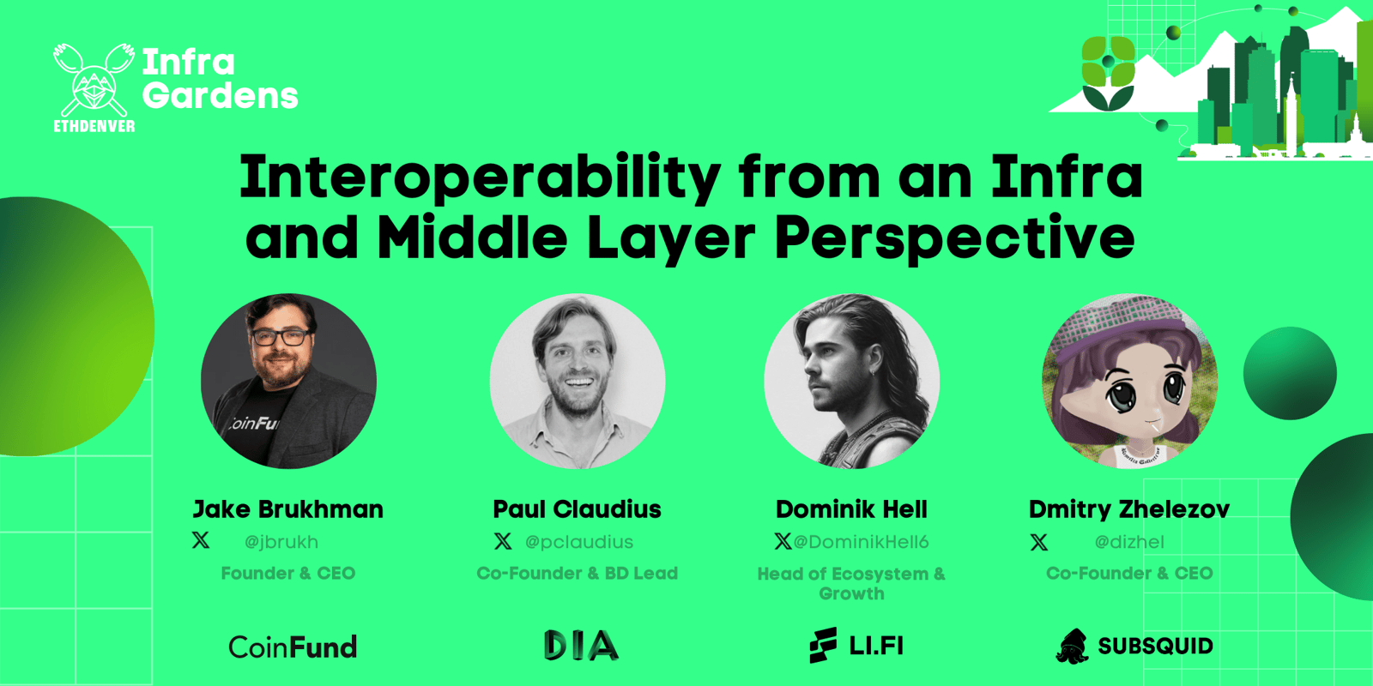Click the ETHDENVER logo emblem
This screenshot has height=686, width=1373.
click(94, 87)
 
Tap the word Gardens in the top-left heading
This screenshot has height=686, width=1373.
click(220, 96)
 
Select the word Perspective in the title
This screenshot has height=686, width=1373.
click(954, 239)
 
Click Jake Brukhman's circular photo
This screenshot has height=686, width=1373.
click(288, 381)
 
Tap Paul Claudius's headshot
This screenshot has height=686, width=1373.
click(578, 381)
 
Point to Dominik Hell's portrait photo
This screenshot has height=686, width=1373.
click(852, 381)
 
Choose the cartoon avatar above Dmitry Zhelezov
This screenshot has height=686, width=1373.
click(1129, 381)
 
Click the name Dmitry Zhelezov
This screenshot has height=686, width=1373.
click(1129, 509)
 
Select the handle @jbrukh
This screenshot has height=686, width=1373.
click(281, 542)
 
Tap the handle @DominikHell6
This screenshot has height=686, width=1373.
click(862, 542)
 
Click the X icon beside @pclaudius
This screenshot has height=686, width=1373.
click(503, 541)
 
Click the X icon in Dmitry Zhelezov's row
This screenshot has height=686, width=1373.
click(1039, 542)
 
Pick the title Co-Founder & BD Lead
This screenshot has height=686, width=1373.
click(578, 574)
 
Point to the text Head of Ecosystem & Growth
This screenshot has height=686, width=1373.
click(852, 584)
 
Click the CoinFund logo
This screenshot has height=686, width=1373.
click(293, 647)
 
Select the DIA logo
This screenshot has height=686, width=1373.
click(581, 646)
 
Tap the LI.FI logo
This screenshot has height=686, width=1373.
click(856, 646)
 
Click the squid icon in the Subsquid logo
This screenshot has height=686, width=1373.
click(1072, 647)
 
